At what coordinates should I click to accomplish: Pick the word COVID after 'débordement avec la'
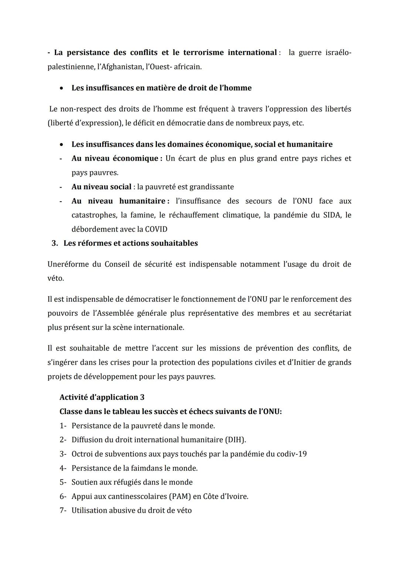pos(157,229)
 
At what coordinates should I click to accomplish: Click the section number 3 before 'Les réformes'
pos(54,243)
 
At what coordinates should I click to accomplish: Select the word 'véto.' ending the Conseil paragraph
pos(56,278)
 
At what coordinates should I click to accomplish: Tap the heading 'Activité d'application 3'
pos(102,397)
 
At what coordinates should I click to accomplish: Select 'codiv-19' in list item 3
pos(292,454)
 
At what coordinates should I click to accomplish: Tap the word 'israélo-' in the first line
pos(338,53)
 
